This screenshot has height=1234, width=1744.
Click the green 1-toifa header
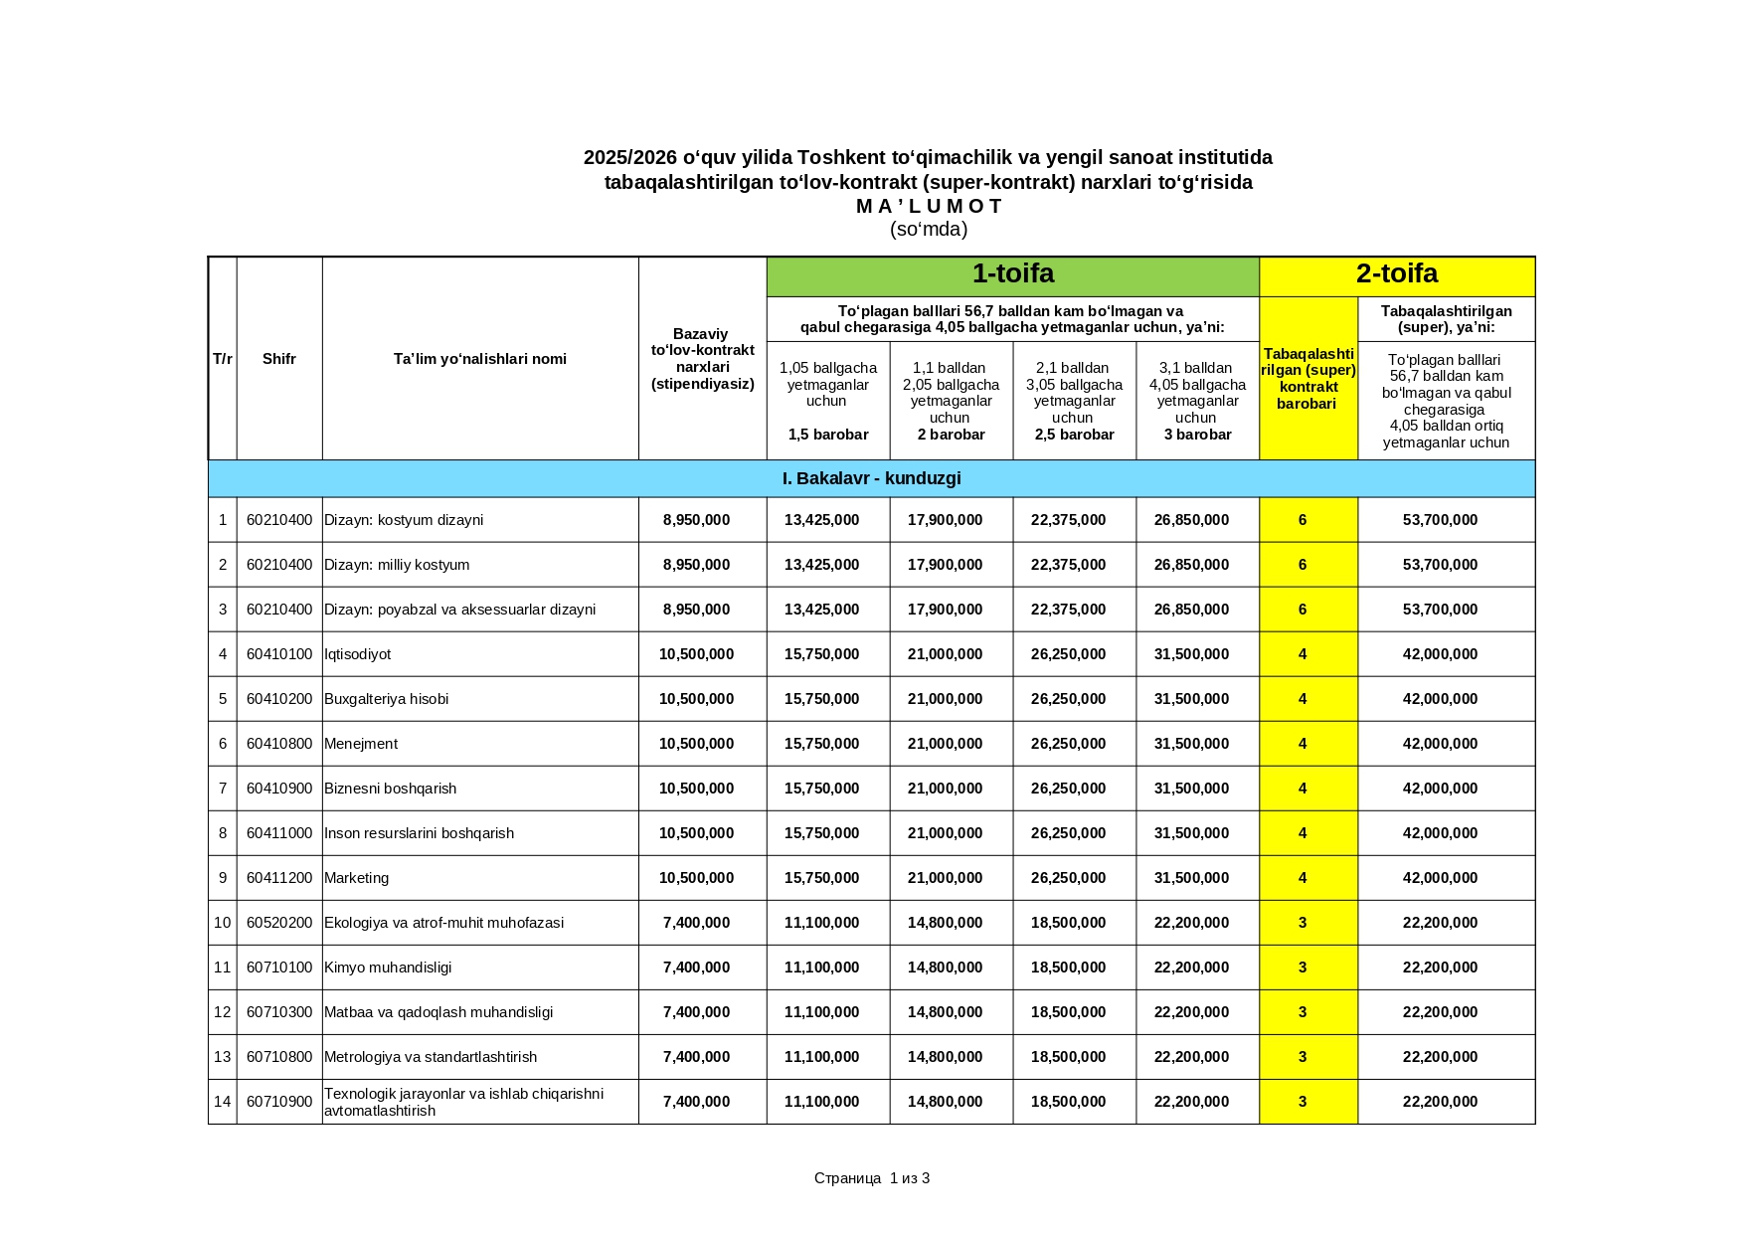pos(1012,274)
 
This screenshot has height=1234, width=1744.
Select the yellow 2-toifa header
pos(1396,274)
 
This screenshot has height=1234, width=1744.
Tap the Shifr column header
pos(279,359)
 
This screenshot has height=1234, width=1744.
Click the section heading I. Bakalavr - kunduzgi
pos(871,478)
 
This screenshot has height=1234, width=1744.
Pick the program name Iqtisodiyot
pos(358,654)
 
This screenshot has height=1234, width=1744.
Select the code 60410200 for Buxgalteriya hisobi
pos(279,699)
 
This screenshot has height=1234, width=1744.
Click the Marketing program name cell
pos(357,878)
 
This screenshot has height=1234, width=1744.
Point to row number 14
pos(222,1102)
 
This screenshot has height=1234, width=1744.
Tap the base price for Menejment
pos(696,744)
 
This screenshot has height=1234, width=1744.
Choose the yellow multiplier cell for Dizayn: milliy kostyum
pos(1303,565)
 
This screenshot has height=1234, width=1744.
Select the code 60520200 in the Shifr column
pos(279,923)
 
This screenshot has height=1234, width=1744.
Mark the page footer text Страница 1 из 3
pos(872,1178)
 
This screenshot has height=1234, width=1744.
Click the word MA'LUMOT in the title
pos(929,207)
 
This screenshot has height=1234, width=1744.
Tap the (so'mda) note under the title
pos(929,230)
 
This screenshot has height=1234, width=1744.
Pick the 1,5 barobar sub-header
pos(828,435)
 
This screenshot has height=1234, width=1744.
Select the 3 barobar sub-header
pos(1197,435)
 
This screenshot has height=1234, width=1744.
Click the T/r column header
pos(223,359)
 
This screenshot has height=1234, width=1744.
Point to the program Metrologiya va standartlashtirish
pos(431,1057)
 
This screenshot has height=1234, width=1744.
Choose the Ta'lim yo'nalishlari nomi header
pos(480,359)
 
